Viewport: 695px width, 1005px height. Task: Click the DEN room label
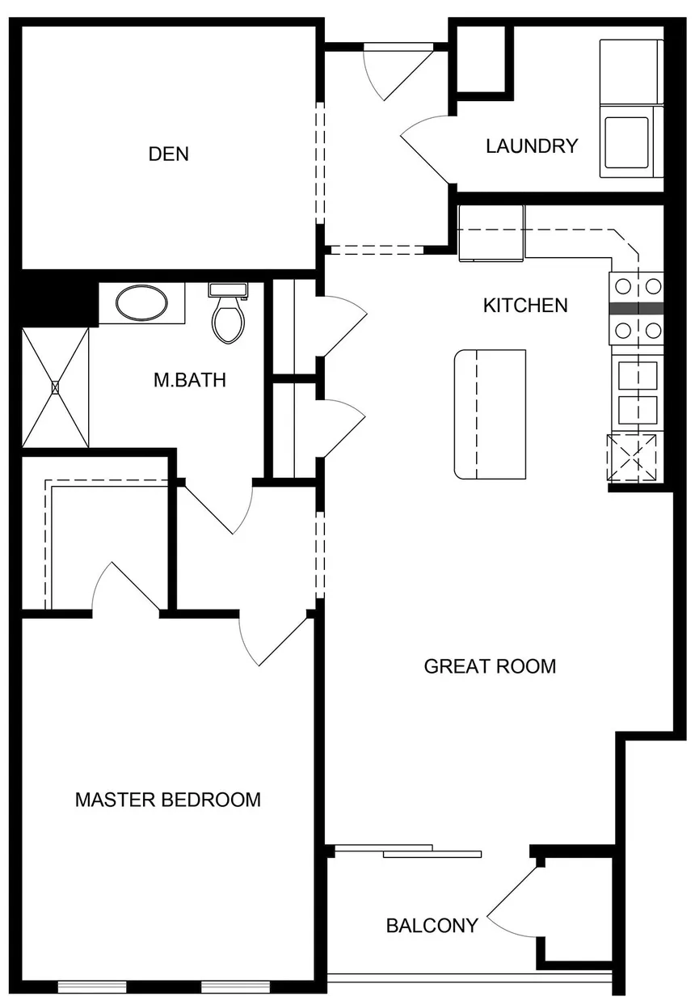click(168, 154)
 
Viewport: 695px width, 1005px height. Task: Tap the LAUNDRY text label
click(532, 146)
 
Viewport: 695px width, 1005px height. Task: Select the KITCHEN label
click(525, 306)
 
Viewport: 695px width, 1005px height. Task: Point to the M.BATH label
click(189, 380)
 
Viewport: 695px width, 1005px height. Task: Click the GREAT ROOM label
click(490, 666)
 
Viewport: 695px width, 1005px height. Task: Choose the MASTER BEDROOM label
click(168, 800)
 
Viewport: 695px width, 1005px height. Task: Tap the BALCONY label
click(432, 926)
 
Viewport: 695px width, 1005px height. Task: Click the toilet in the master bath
click(228, 313)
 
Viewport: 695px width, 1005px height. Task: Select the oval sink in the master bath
click(141, 303)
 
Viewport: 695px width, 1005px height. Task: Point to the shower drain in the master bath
click(55, 387)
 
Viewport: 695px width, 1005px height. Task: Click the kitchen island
click(490, 415)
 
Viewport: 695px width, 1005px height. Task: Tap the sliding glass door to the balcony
click(408, 851)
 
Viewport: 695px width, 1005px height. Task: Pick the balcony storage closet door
click(512, 902)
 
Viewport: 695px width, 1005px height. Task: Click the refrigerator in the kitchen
click(491, 234)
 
